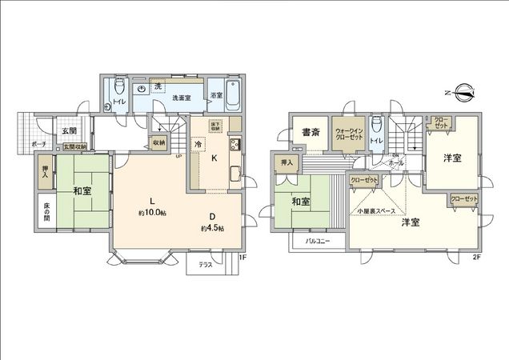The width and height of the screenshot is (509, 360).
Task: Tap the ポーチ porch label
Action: click(38, 145)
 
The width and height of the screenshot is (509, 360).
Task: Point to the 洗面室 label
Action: click(182, 98)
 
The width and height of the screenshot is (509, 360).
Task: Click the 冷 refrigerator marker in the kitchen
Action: click(198, 143)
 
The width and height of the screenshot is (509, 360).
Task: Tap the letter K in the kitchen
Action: click(214, 158)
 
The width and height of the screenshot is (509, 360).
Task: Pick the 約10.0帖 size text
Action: click(153, 213)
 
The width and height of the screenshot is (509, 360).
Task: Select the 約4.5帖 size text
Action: click(212, 227)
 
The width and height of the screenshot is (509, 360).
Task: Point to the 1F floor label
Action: click(242, 258)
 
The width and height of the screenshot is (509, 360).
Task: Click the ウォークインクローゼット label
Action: click(349, 133)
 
